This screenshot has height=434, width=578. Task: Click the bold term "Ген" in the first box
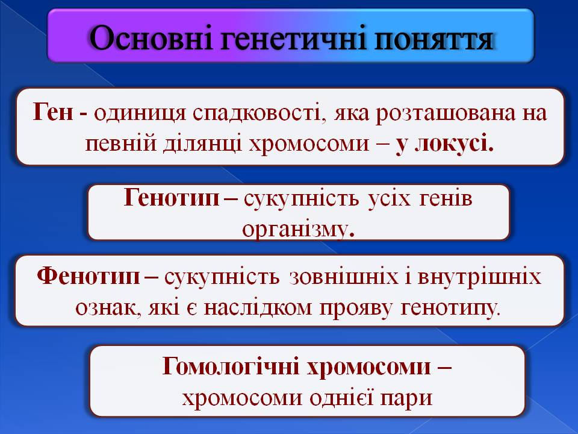click(x=53, y=112)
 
